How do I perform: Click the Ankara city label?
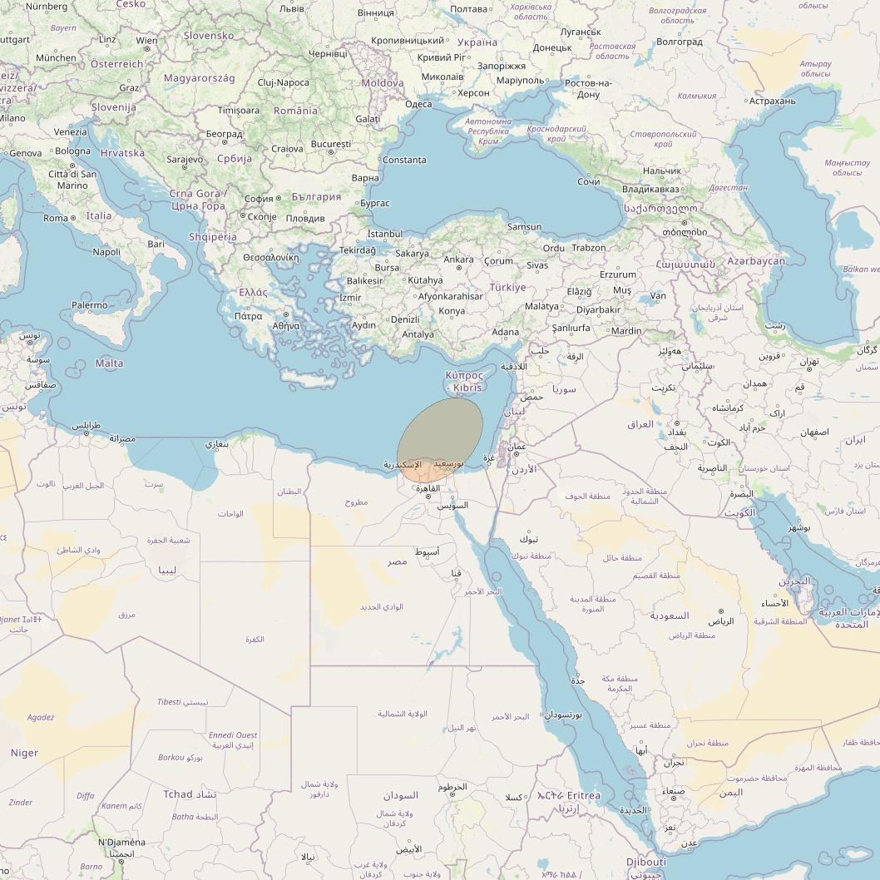pyautogui.click(x=458, y=260)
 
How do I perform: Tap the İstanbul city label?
pyautogui.click(x=384, y=235)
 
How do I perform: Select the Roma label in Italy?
pyautogui.click(x=56, y=218)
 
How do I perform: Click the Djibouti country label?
pyautogui.click(x=646, y=863)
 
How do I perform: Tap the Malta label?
pyautogui.click(x=109, y=363)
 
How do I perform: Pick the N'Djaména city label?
pyautogui.click(x=121, y=843)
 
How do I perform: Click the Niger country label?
pyautogui.click(x=24, y=753)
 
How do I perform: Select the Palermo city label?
pyautogui.click(x=89, y=305)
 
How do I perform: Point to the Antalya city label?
pyautogui.click(x=418, y=334)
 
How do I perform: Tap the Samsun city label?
pyautogui.click(x=524, y=226)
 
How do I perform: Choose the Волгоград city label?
pyautogui.click(x=679, y=42)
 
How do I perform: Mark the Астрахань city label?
pyautogui.click(x=772, y=101)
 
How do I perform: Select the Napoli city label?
pyautogui.click(x=106, y=252)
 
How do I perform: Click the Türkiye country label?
pyautogui.click(x=507, y=287)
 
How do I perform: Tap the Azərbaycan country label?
pyautogui.click(x=755, y=261)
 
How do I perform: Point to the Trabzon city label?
pyautogui.click(x=589, y=247)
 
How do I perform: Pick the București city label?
pyautogui.click(x=331, y=144)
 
